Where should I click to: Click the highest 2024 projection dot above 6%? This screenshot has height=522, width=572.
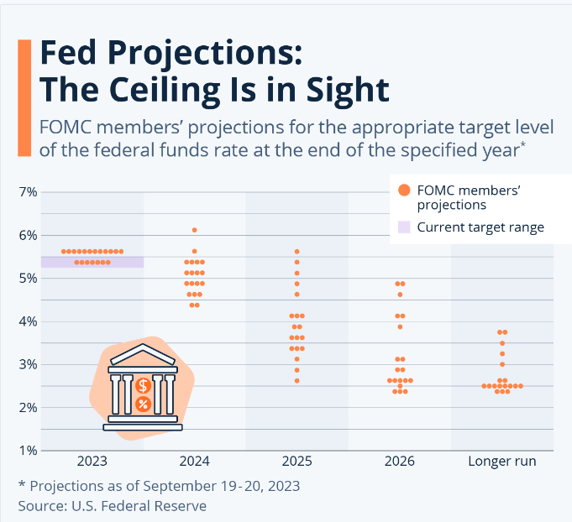coord(195,230)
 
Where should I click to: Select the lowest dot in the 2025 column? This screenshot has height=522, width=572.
coord(296,380)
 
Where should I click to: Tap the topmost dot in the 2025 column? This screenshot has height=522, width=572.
coord(296,252)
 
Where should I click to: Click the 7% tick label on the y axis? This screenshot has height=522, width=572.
coord(28,192)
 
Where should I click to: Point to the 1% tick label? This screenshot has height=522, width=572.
coord(28,451)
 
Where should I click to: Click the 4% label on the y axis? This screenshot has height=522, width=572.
coord(28,321)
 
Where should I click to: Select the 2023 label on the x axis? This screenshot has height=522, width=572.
coord(92,462)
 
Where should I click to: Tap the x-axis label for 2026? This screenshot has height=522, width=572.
coord(399,462)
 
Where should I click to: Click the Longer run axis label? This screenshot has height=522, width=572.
coord(501,462)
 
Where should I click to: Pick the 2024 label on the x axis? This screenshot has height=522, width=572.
coord(194,462)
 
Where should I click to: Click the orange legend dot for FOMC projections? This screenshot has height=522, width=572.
coord(405,191)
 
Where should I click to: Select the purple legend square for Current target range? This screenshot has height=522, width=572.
coord(405,227)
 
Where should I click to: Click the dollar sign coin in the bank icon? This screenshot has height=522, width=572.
coord(144,386)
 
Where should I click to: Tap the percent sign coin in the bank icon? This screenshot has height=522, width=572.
coord(144,405)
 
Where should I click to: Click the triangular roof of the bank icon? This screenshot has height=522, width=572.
coord(143,353)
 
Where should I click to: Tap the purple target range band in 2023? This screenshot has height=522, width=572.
coord(92,262)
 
